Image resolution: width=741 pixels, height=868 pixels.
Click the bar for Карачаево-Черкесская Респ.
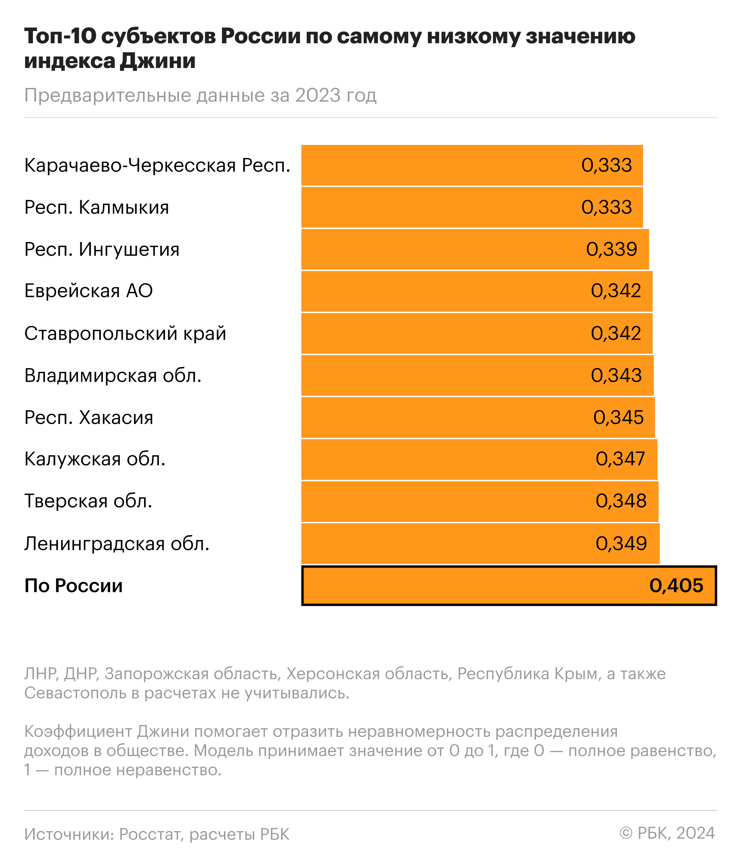click(439, 165)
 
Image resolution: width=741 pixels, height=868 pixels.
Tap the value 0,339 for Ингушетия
click(611, 249)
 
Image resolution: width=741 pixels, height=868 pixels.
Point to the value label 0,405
click(676, 586)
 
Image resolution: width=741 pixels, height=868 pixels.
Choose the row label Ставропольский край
click(125, 333)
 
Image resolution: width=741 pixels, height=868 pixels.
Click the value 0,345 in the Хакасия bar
click(618, 418)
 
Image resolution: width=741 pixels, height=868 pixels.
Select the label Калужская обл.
click(95, 459)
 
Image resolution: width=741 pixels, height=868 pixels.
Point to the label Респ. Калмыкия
click(97, 207)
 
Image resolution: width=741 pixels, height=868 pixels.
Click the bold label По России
click(74, 586)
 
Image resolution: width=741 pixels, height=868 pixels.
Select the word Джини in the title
click(158, 61)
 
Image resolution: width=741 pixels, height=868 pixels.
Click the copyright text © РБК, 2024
click(667, 833)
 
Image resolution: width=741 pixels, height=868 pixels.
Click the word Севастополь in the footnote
click(75, 693)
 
